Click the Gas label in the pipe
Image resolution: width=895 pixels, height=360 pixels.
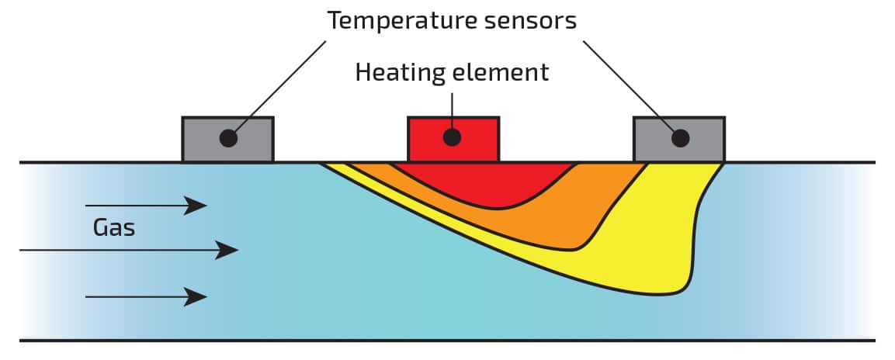click(x=114, y=227)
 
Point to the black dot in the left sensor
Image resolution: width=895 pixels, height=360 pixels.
click(x=228, y=138)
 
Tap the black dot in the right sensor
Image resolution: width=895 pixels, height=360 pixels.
click(x=681, y=138)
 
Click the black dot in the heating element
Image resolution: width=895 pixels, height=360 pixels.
click(x=453, y=138)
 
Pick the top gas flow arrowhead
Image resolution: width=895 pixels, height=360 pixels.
click(x=196, y=206)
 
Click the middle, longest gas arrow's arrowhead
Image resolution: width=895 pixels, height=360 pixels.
click(x=227, y=250)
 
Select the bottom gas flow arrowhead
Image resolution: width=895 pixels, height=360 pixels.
click(x=196, y=296)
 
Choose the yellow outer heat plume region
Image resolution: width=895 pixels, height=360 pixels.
click(x=660, y=248)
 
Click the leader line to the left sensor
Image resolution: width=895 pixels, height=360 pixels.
click(x=279, y=85)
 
